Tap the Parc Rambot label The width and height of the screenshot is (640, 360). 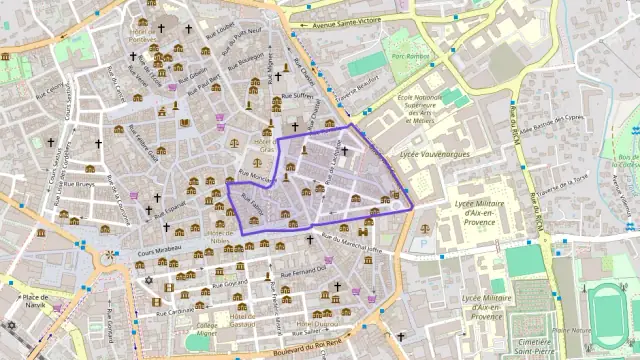(410, 56)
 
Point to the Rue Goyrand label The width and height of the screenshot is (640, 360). (229, 283)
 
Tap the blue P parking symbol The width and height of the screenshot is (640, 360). (424, 242)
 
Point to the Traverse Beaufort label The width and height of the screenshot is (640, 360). (361, 90)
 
